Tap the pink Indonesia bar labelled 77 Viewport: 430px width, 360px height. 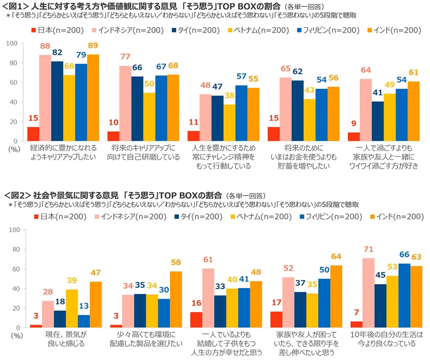pos(125,104)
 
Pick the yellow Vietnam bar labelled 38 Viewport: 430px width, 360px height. pos(230,123)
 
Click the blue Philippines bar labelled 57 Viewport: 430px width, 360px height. pos(242,113)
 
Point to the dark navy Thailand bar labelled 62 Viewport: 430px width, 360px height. pos(298,111)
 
